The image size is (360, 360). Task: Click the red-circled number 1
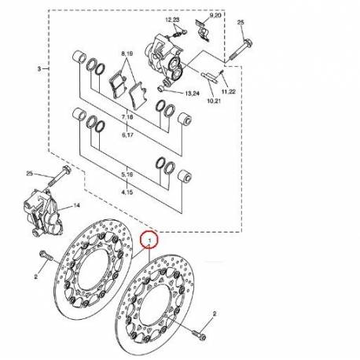pyautogui.click(x=149, y=237)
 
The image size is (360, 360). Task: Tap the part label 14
pyautogui.click(x=78, y=206)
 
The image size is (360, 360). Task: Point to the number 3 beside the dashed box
pyautogui.click(x=38, y=69)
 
